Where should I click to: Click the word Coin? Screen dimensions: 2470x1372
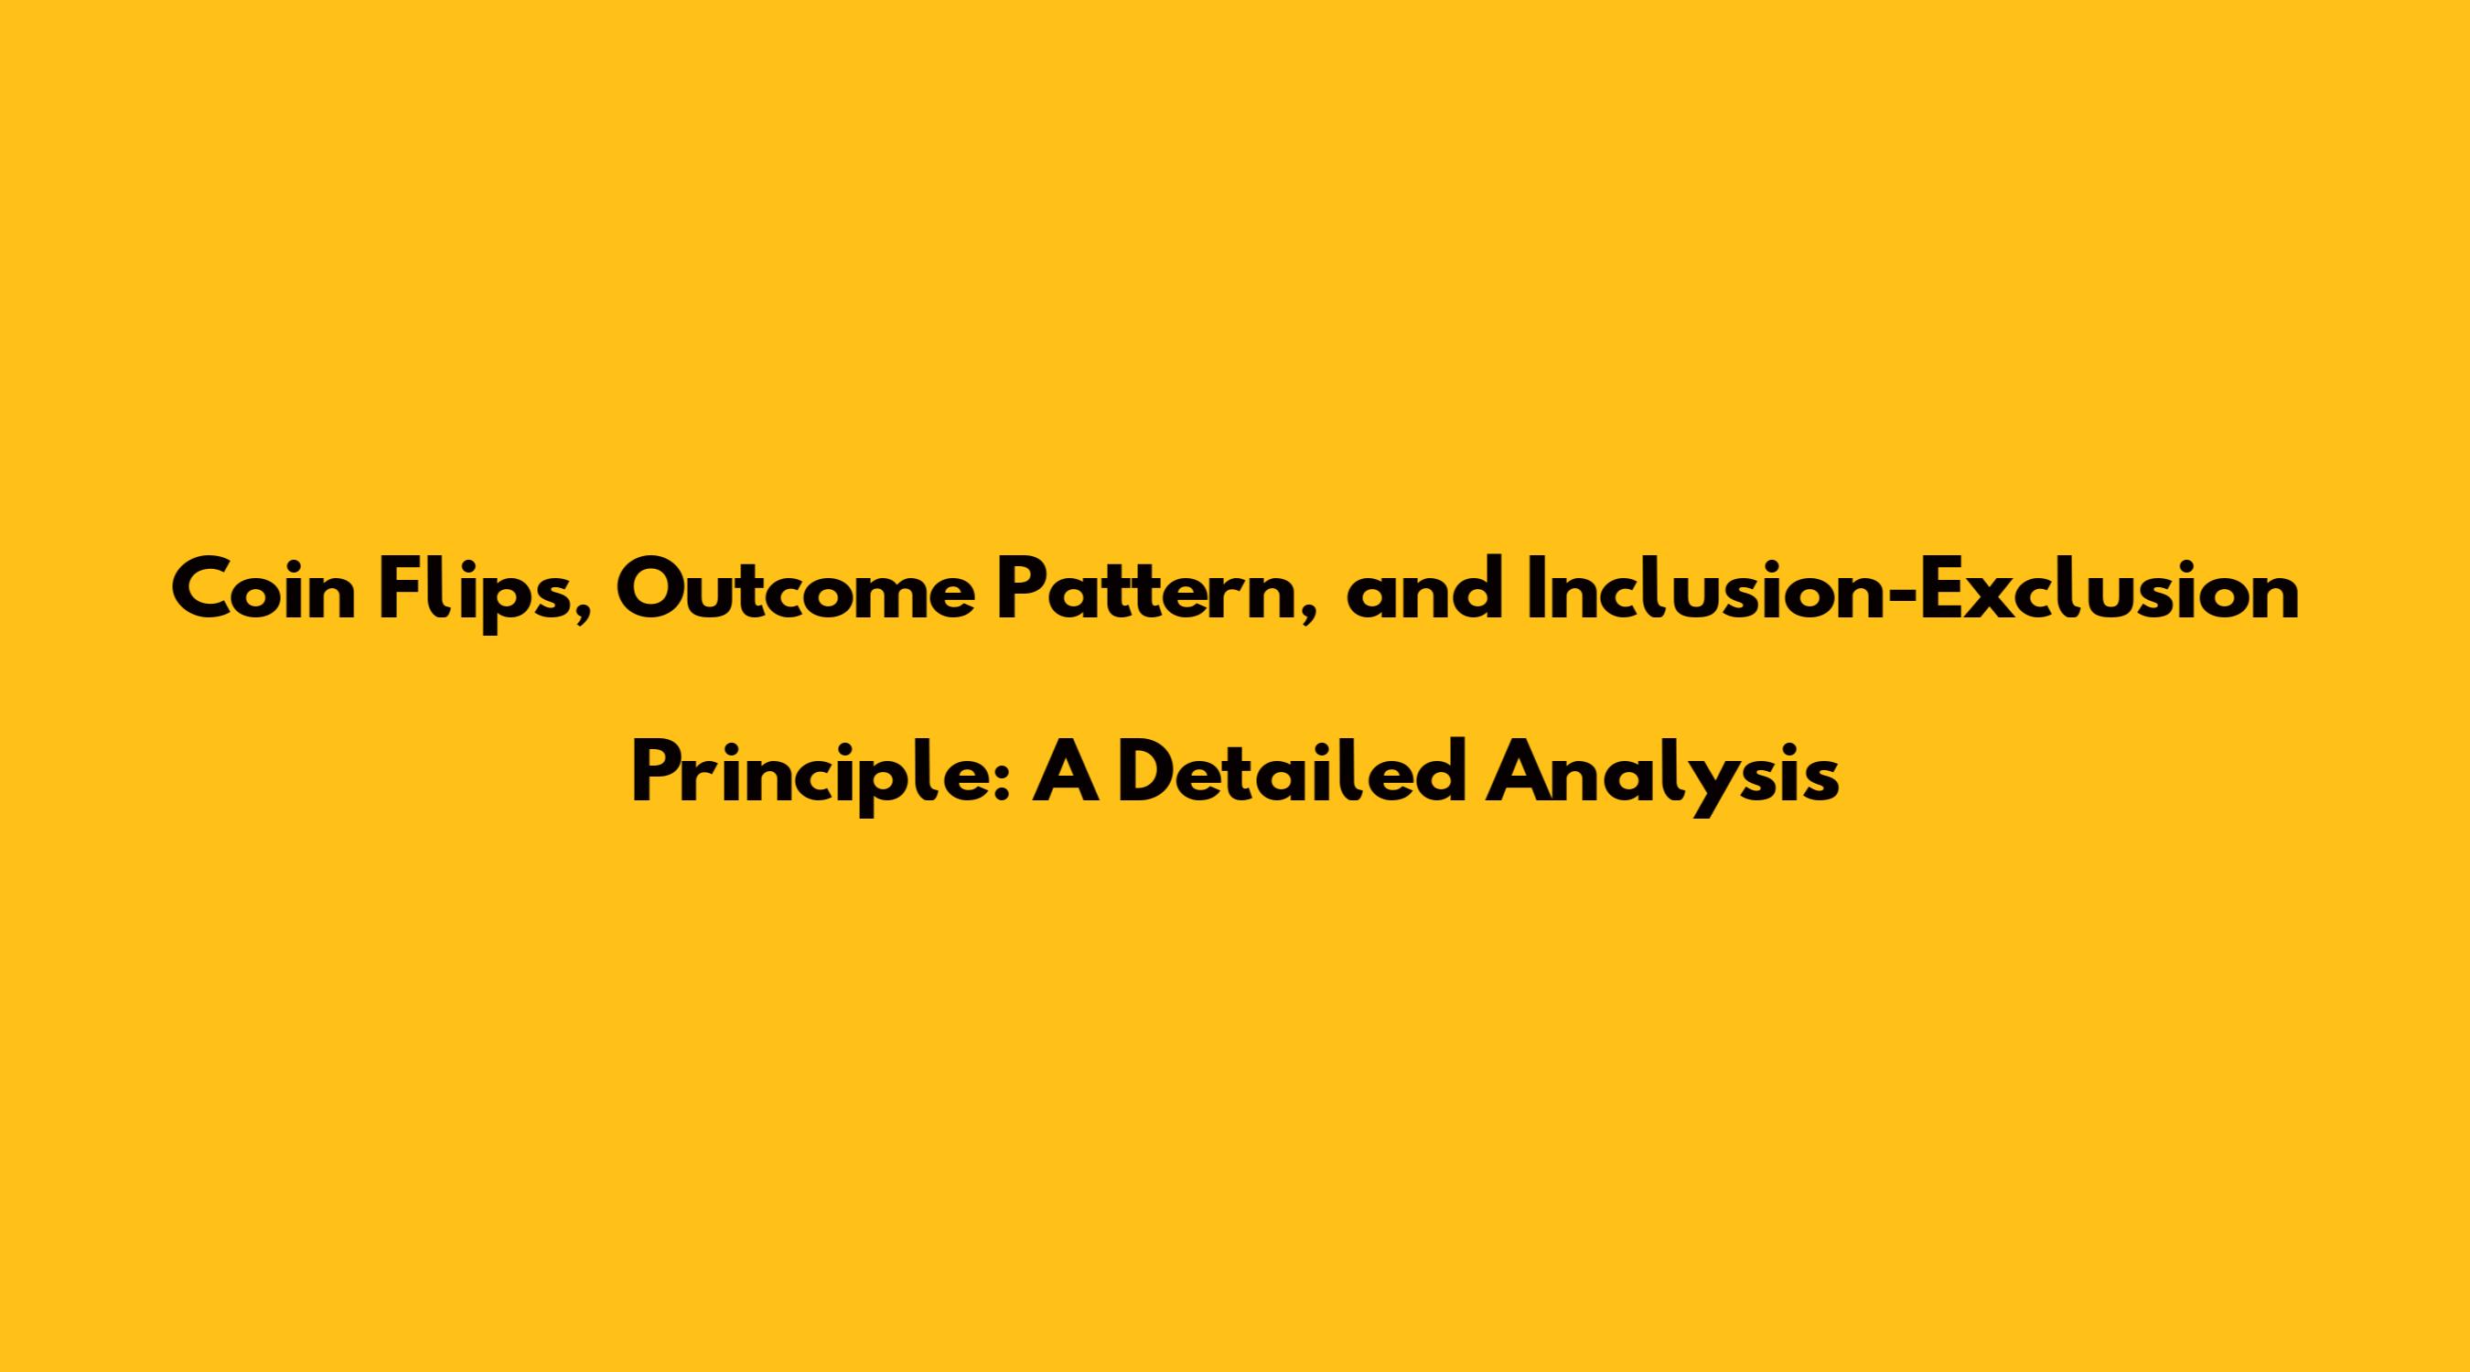pos(264,592)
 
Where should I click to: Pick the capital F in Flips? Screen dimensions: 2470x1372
pos(400,592)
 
